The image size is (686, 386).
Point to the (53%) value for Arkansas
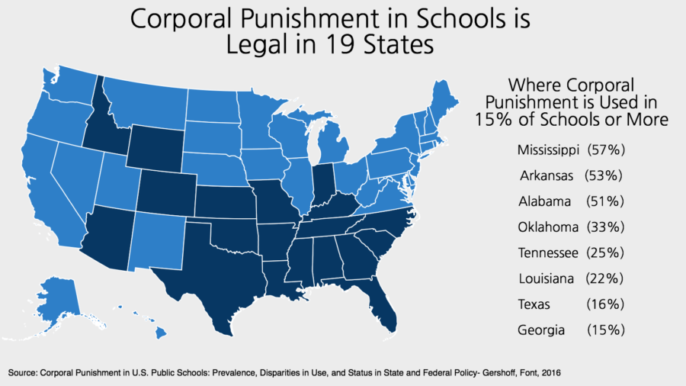pos(604,175)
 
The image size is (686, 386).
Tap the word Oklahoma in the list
pos(546,227)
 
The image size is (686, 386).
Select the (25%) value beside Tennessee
pos(606,253)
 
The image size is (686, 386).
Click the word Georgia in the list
pos(540,330)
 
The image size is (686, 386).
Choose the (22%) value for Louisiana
pos(605,278)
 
